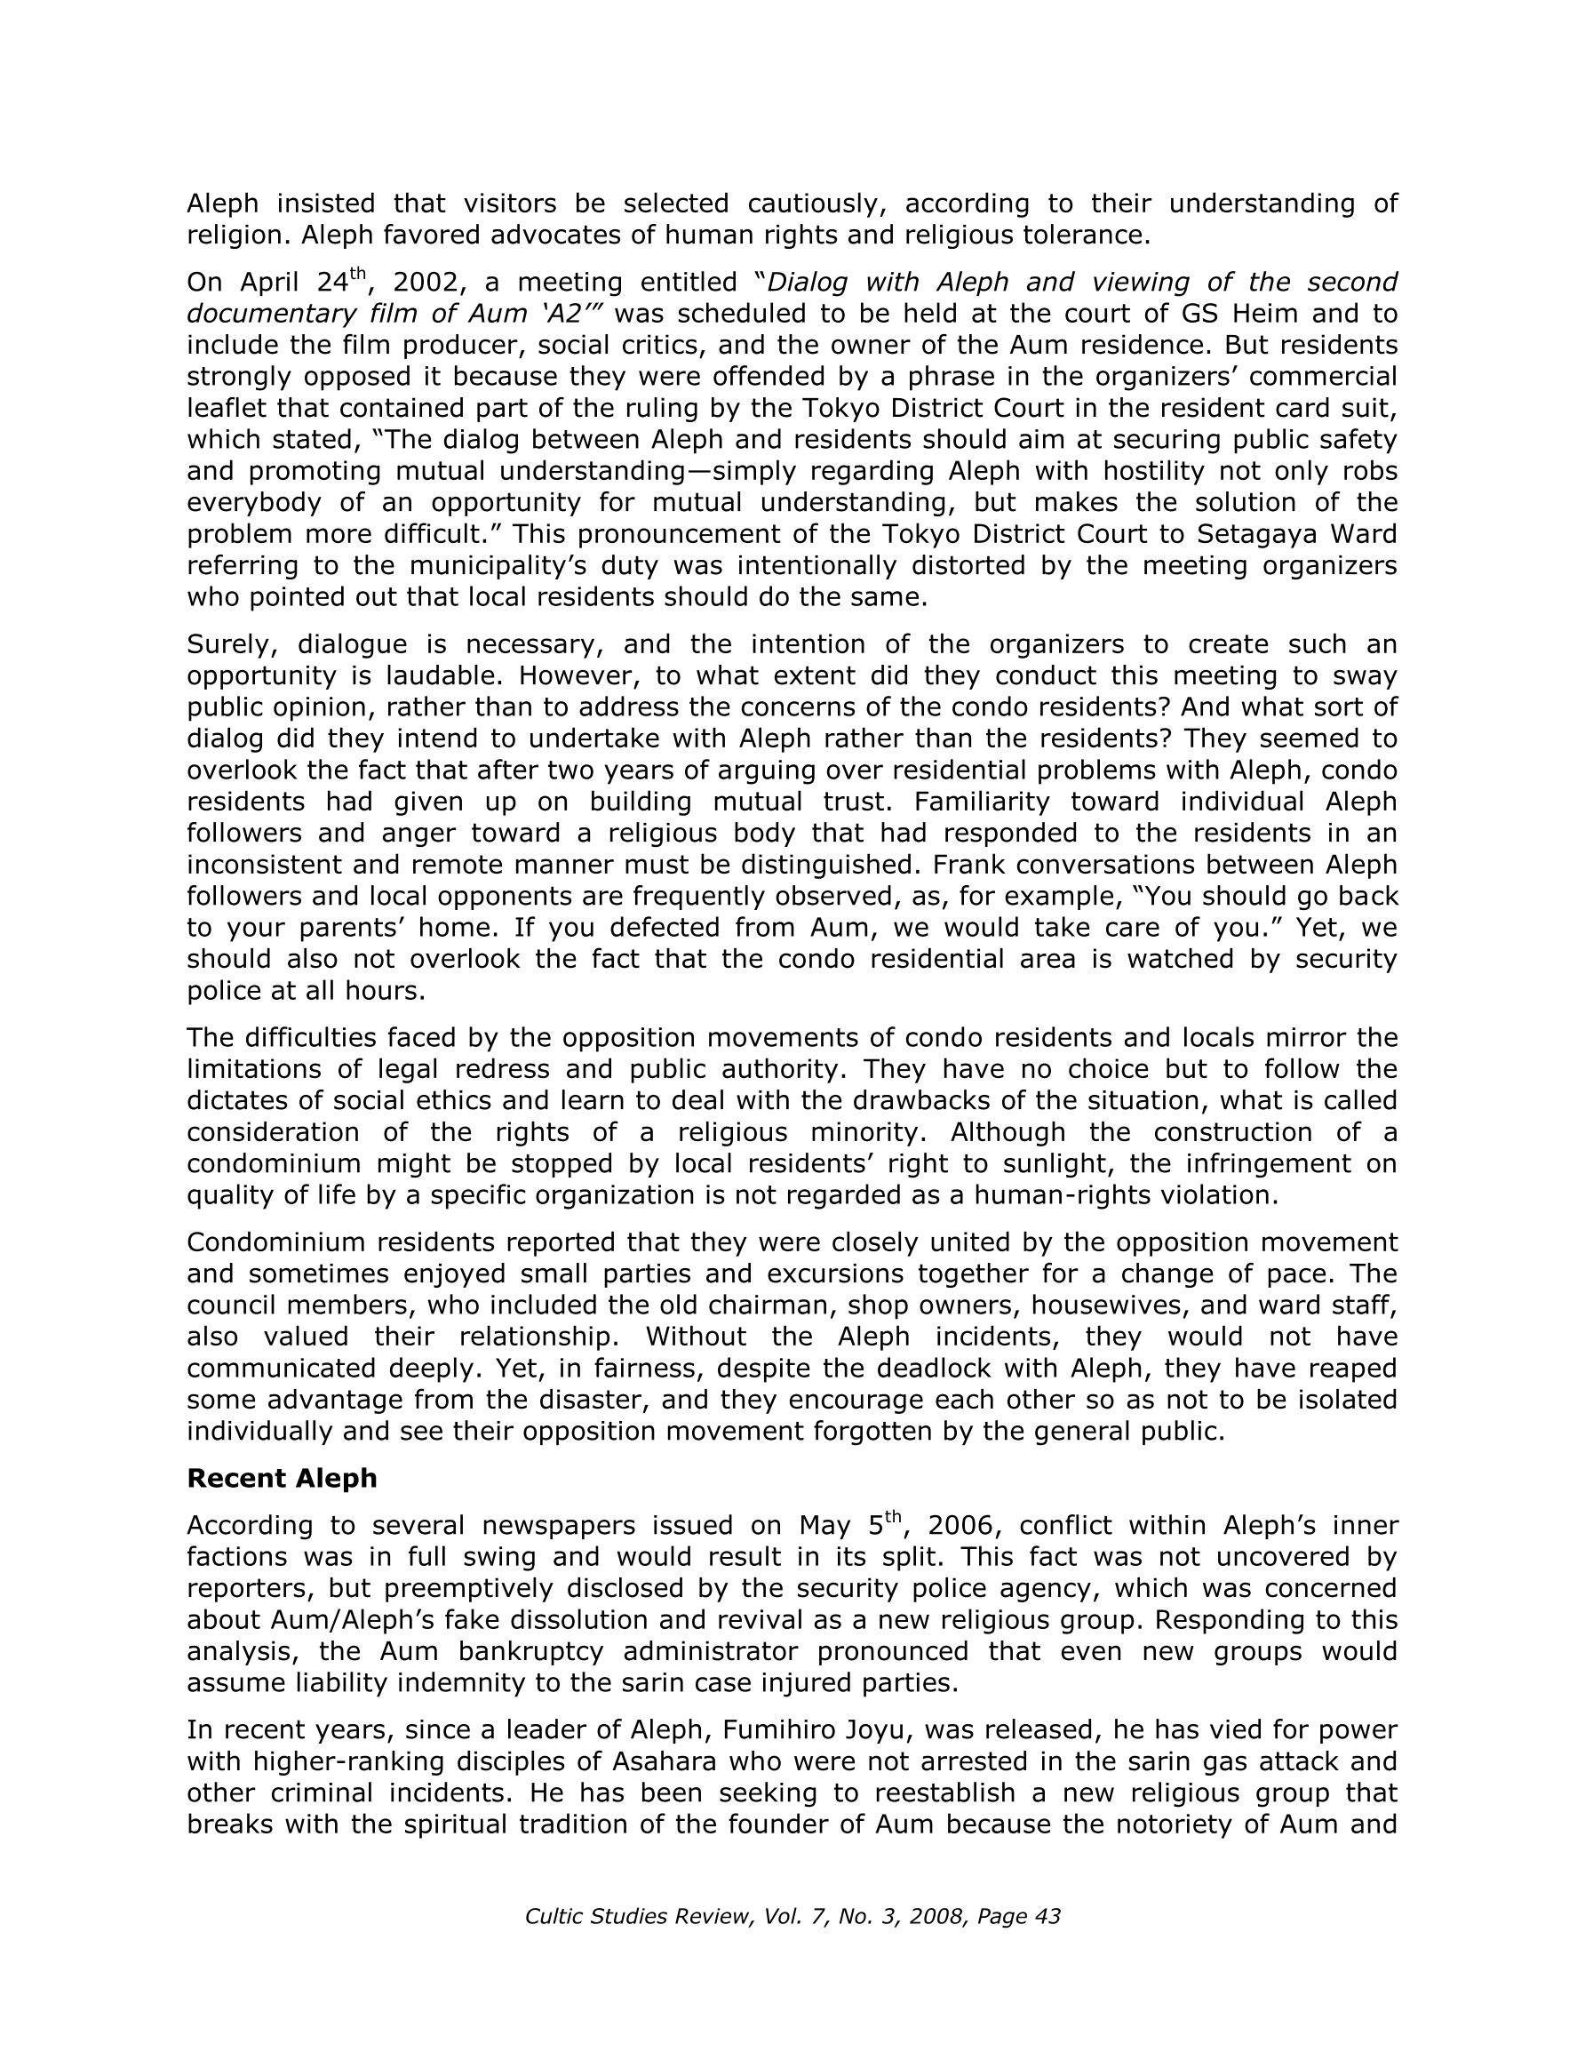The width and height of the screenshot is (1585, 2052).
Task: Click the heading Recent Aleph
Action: [x=281, y=1478]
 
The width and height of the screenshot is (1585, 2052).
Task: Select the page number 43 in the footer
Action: [x=1047, y=1916]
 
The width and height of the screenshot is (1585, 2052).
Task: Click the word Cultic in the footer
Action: [x=554, y=1916]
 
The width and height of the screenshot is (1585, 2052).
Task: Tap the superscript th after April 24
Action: [x=357, y=275]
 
